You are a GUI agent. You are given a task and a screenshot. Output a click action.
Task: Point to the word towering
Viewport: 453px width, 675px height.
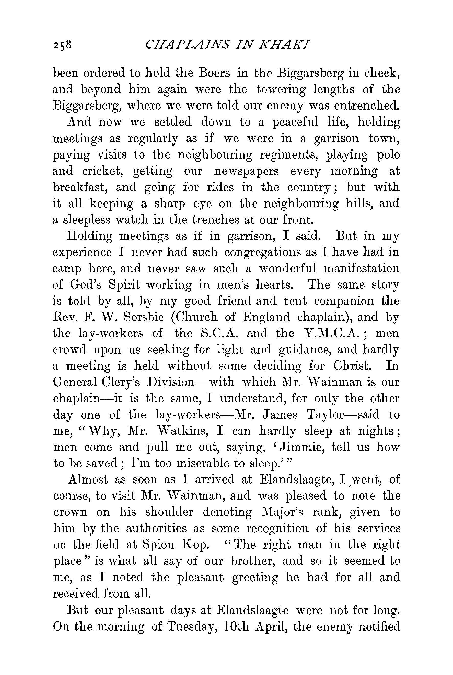click(x=281, y=90)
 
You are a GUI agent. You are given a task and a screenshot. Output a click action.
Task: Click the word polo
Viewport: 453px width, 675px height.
click(x=388, y=155)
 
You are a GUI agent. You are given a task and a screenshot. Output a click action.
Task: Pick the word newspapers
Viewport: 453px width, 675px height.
click(x=247, y=171)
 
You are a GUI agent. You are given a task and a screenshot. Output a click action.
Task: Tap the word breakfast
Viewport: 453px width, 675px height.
click(x=80, y=187)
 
